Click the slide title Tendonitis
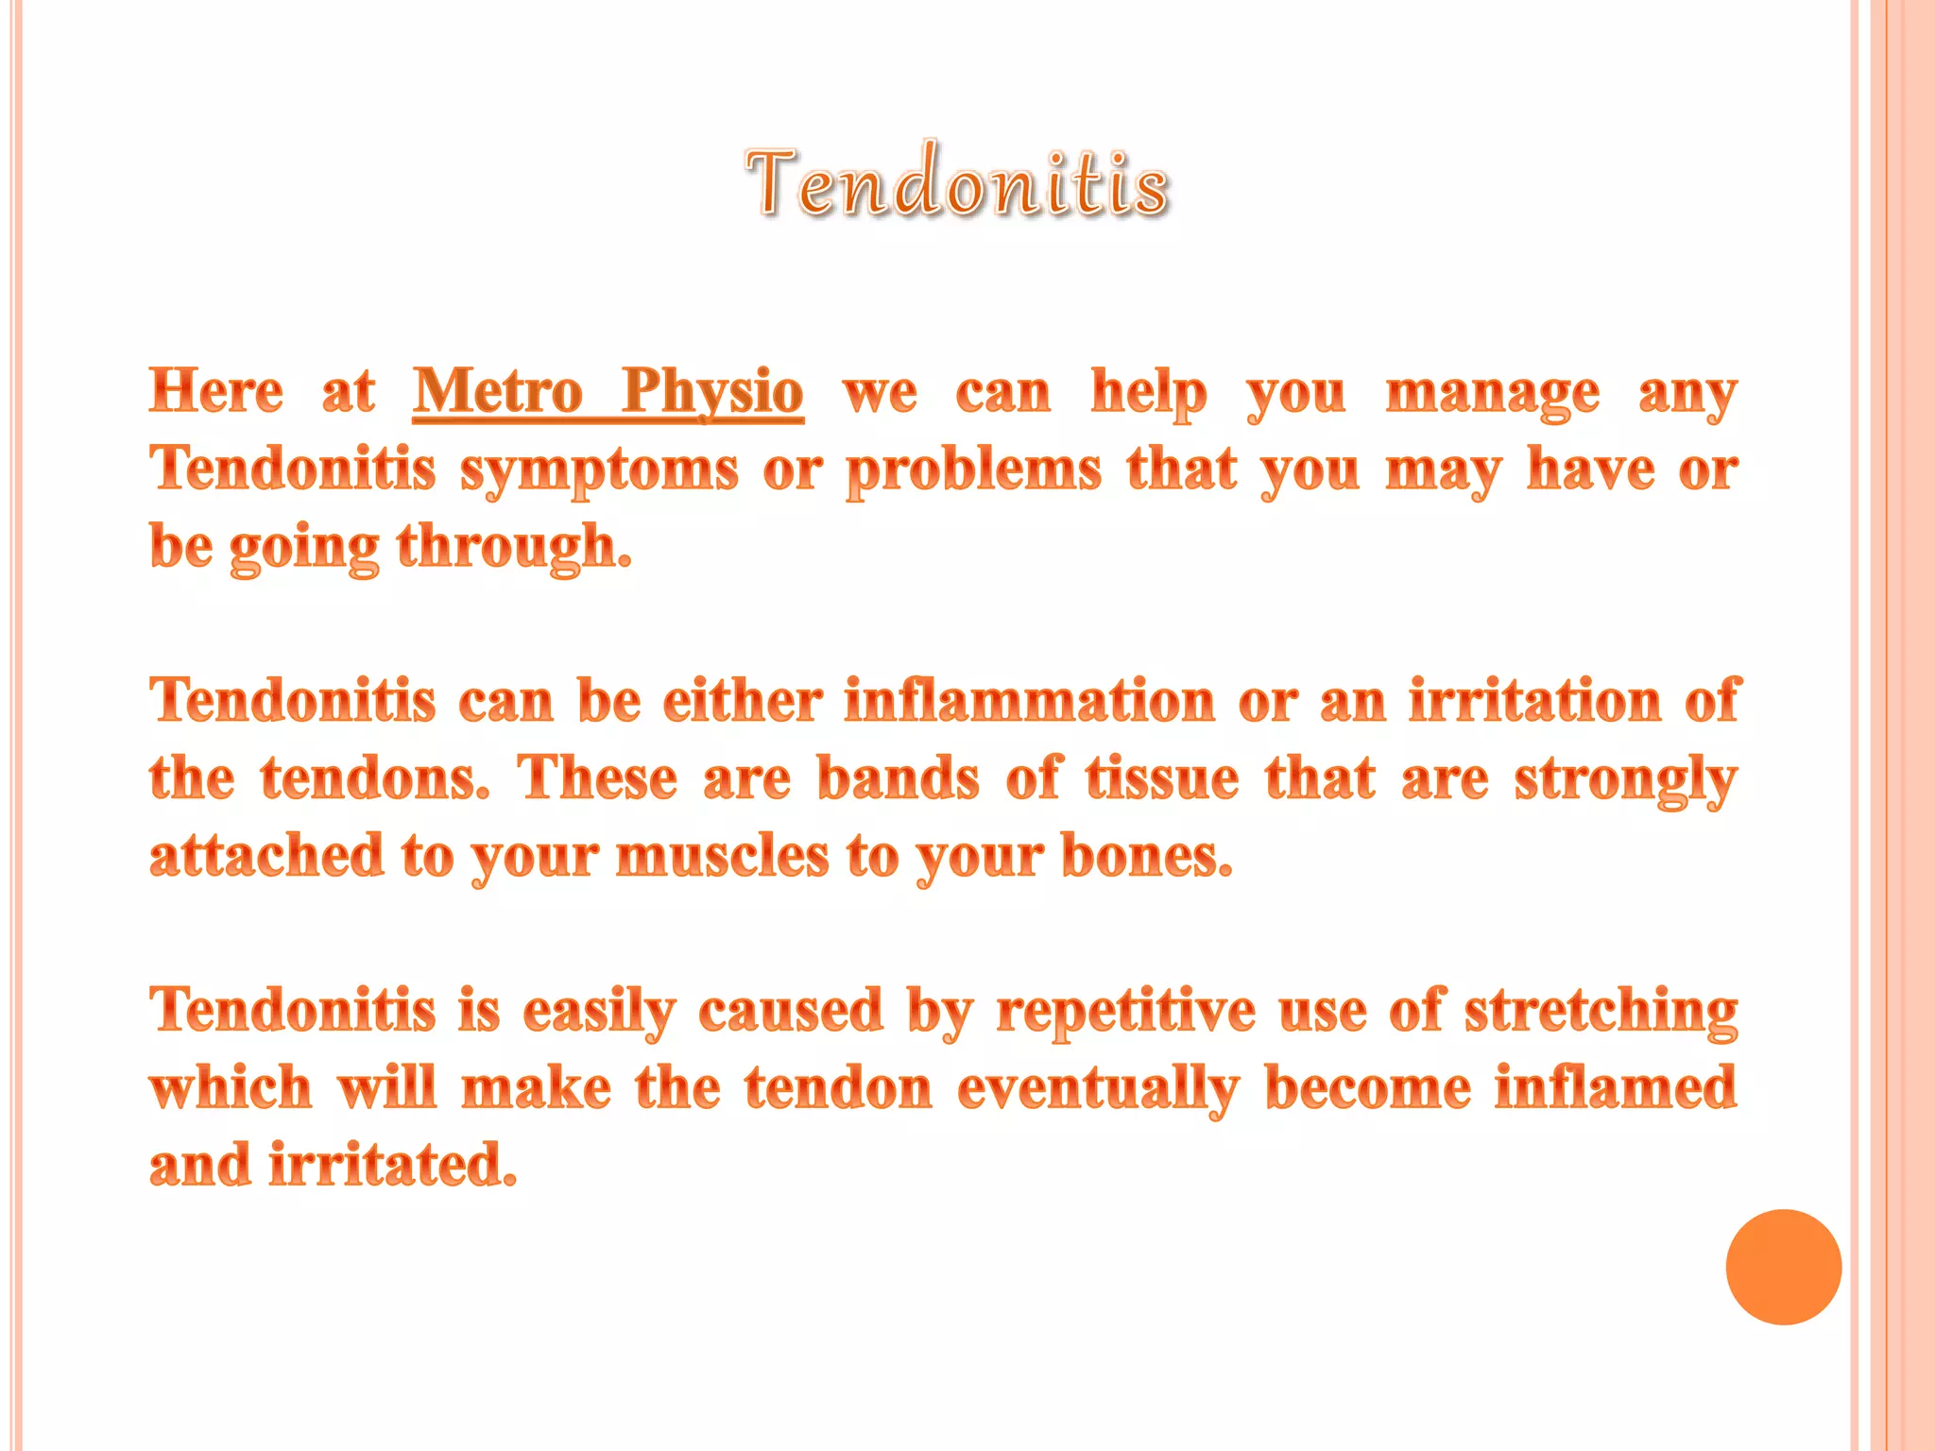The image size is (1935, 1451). click(x=957, y=182)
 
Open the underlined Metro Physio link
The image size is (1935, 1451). click(x=608, y=391)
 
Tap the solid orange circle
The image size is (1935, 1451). click(x=1783, y=1267)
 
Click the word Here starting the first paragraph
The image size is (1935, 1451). click(x=216, y=391)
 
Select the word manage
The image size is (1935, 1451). click(x=1492, y=393)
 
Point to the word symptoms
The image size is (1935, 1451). click(x=599, y=470)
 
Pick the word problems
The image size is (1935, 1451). click(x=973, y=470)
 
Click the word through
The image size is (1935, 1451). click(x=514, y=548)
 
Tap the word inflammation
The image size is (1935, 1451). click(x=1029, y=701)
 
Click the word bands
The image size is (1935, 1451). click(x=898, y=778)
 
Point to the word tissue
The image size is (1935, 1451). click(x=1161, y=778)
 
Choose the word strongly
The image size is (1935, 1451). click(x=1625, y=780)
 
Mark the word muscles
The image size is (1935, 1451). click(x=722, y=856)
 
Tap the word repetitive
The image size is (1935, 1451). click(x=1125, y=1011)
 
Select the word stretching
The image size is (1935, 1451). click(x=1601, y=1011)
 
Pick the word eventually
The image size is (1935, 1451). click(x=1098, y=1088)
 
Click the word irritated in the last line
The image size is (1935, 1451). click(x=392, y=1164)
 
